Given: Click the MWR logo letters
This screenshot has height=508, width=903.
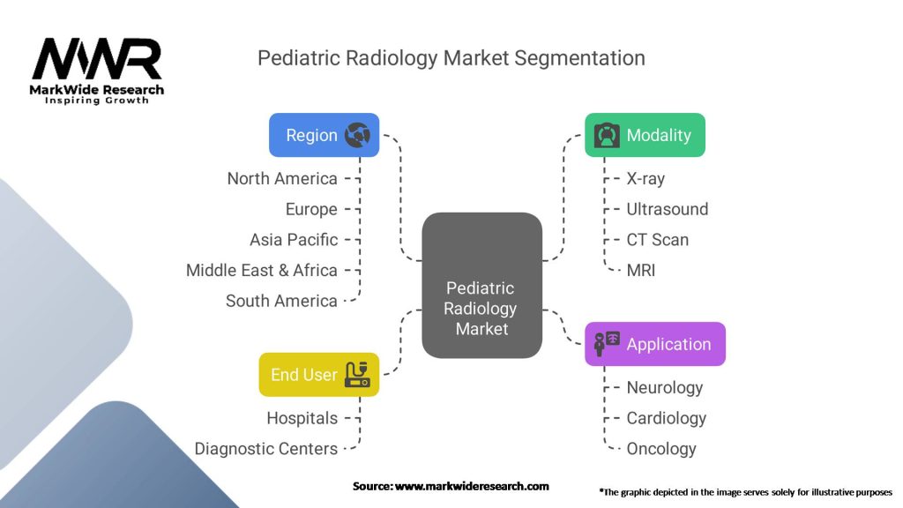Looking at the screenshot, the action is pos(97,59).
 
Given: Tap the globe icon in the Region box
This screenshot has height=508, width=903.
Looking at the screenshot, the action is pos(358,135).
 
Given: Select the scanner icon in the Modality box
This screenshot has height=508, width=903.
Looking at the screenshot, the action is pos(607,135).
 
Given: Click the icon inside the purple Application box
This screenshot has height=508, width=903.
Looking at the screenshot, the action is pos(607,344).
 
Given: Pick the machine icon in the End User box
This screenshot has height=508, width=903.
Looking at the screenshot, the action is pos(357,374).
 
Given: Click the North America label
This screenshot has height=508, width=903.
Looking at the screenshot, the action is pos(282,178).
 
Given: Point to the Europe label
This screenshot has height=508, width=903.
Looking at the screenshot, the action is pos(311,209).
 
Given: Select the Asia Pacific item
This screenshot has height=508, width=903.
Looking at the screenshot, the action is pos(294,240).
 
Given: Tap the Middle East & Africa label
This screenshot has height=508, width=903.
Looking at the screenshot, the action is pos(261,270).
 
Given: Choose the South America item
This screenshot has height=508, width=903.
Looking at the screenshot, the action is pos(281,301).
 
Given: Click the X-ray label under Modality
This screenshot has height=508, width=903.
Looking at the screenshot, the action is pos(646,178).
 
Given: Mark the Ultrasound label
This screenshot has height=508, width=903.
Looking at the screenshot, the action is pos(668,209).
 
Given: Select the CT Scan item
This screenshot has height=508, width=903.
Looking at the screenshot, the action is pos(658,240).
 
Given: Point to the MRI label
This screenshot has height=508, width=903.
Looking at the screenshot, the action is pos(641,270).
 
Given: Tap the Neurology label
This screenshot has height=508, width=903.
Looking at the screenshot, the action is pos(665,388).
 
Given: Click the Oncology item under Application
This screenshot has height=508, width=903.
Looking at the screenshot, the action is pos(661,449).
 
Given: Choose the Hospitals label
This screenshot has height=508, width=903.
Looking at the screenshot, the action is pos(302,418).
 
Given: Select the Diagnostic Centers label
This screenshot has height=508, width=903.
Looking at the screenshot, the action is pos(266,449).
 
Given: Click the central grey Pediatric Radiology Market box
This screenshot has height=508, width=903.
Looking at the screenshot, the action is pos(482,285).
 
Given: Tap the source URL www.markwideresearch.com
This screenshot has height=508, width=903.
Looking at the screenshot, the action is pos(472,486).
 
